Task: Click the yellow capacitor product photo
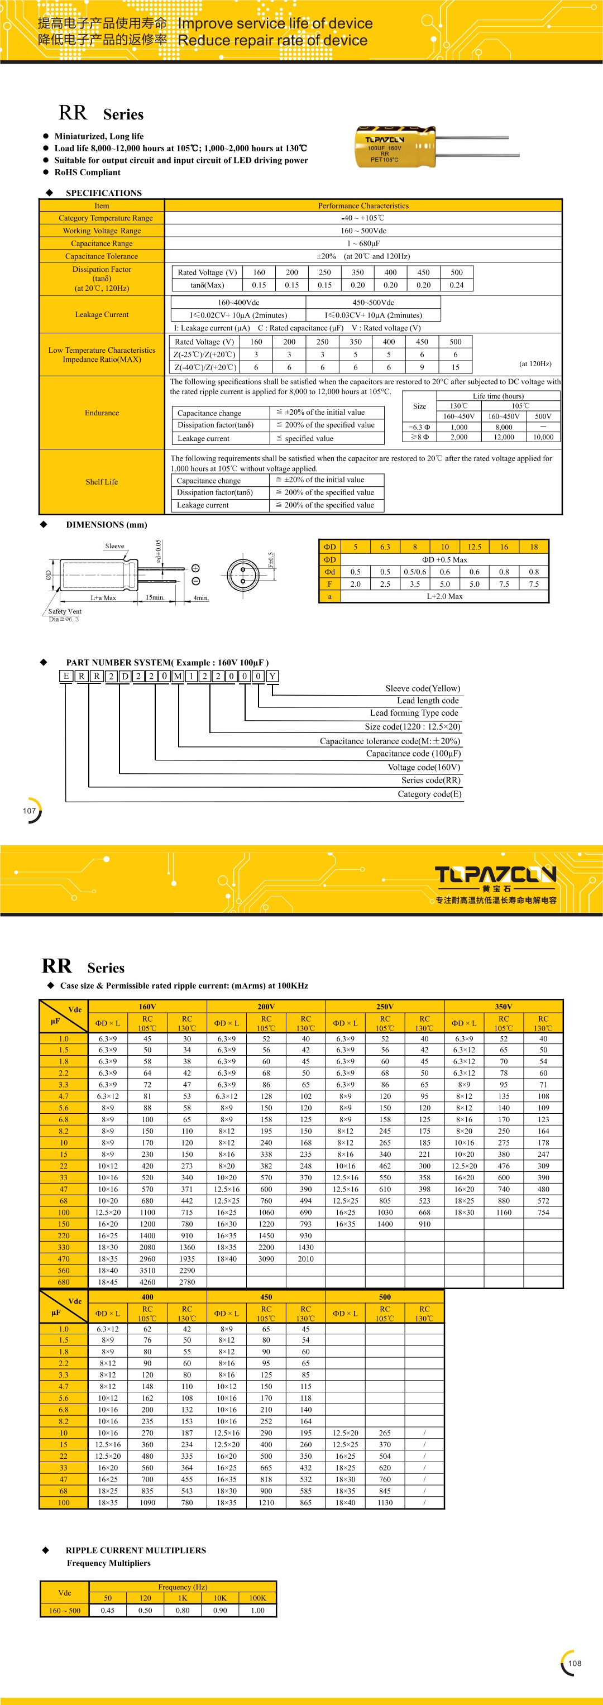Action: [396, 146]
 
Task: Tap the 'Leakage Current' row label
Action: [102, 314]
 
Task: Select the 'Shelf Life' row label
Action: [102, 482]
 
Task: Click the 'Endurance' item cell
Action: [102, 413]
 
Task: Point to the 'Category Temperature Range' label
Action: [105, 218]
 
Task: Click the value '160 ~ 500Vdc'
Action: [363, 231]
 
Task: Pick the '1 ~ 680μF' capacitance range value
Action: [363, 243]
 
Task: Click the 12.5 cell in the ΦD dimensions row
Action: [474, 547]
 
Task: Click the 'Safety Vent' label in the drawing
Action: [64, 611]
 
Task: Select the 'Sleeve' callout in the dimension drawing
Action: [114, 546]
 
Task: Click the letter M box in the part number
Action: [178, 676]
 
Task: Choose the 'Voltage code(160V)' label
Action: [424, 767]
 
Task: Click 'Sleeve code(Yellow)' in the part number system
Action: [422, 688]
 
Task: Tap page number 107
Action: [30, 811]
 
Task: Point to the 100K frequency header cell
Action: [257, 1598]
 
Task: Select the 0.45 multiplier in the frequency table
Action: [108, 1610]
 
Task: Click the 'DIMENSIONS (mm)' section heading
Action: [107, 525]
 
